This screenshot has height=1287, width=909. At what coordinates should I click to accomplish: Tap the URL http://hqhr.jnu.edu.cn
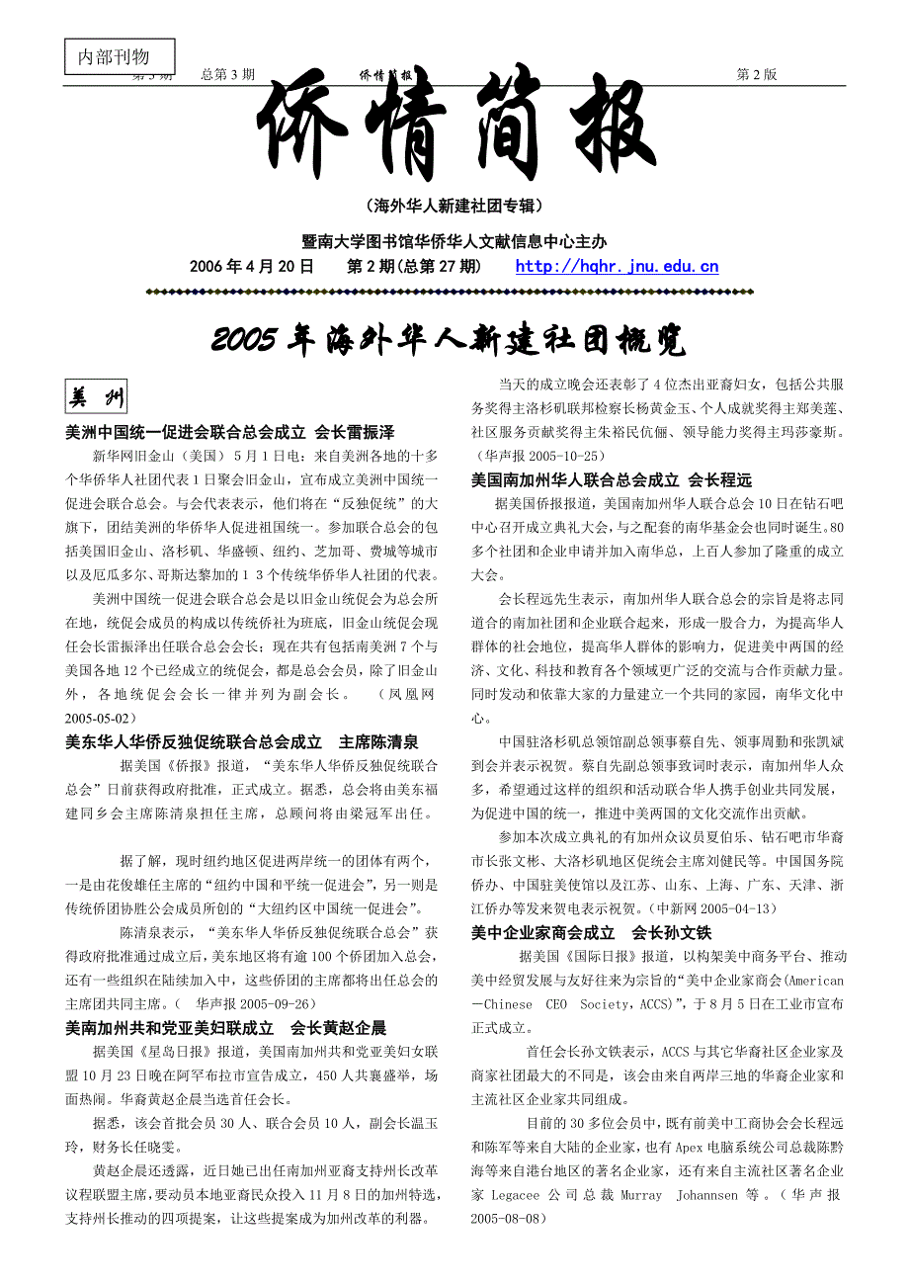(617, 266)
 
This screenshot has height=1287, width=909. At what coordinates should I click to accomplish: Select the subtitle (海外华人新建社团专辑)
(454, 206)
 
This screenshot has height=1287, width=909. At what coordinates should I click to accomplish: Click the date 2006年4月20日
(252, 266)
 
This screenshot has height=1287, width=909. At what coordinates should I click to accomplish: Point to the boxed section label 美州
(96, 398)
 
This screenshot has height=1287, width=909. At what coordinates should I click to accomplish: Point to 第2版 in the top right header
(757, 74)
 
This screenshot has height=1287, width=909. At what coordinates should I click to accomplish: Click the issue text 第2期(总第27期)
(414, 266)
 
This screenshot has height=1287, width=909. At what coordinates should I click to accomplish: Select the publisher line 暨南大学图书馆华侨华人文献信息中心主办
(454, 240)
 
